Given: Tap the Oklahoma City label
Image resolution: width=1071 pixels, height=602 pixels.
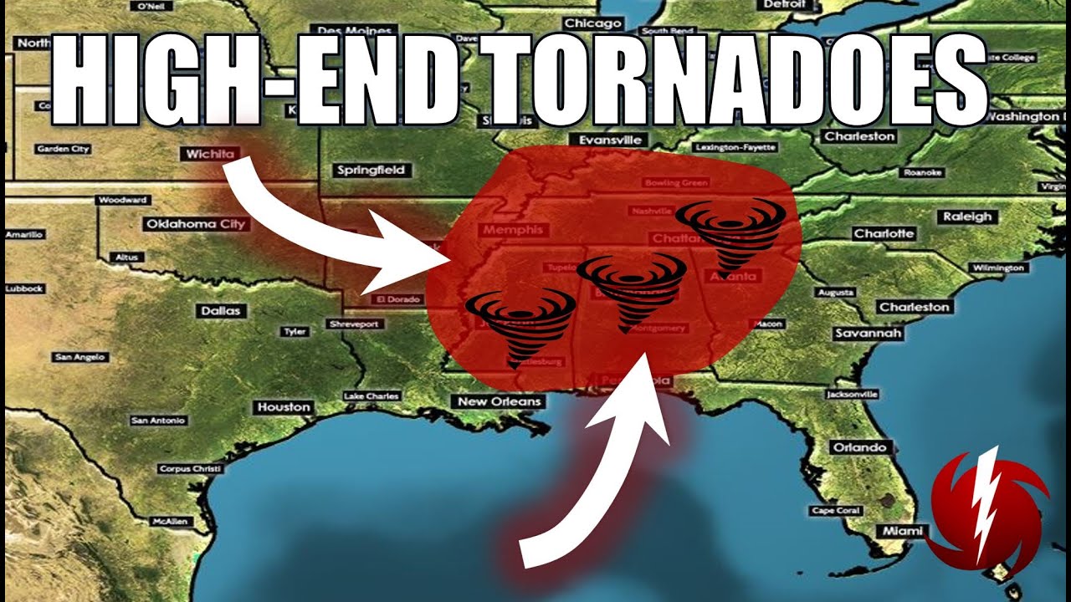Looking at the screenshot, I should (196, 224).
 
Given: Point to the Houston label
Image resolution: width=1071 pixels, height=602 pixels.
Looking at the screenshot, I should (284, 407).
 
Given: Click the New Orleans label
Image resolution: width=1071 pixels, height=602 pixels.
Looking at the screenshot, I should (500, 401).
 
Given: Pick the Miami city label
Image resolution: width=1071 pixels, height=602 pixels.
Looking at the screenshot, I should (902, 531).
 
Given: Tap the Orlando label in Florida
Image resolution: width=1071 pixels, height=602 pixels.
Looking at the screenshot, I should (859, 447).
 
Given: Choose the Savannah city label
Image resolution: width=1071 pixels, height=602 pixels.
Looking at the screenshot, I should (869, 334).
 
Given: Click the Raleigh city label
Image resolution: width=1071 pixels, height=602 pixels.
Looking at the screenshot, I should (966, 217).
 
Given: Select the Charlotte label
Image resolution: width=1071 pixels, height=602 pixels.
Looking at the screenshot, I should (884, 234).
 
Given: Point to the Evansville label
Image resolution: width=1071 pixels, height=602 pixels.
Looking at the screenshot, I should (604, 140).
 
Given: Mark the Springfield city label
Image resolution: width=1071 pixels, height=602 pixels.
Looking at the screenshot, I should (371, 170).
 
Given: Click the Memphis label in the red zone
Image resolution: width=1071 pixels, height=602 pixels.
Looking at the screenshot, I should (512, 229).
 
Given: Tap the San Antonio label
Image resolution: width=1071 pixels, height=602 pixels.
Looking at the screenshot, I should (158, 421).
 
